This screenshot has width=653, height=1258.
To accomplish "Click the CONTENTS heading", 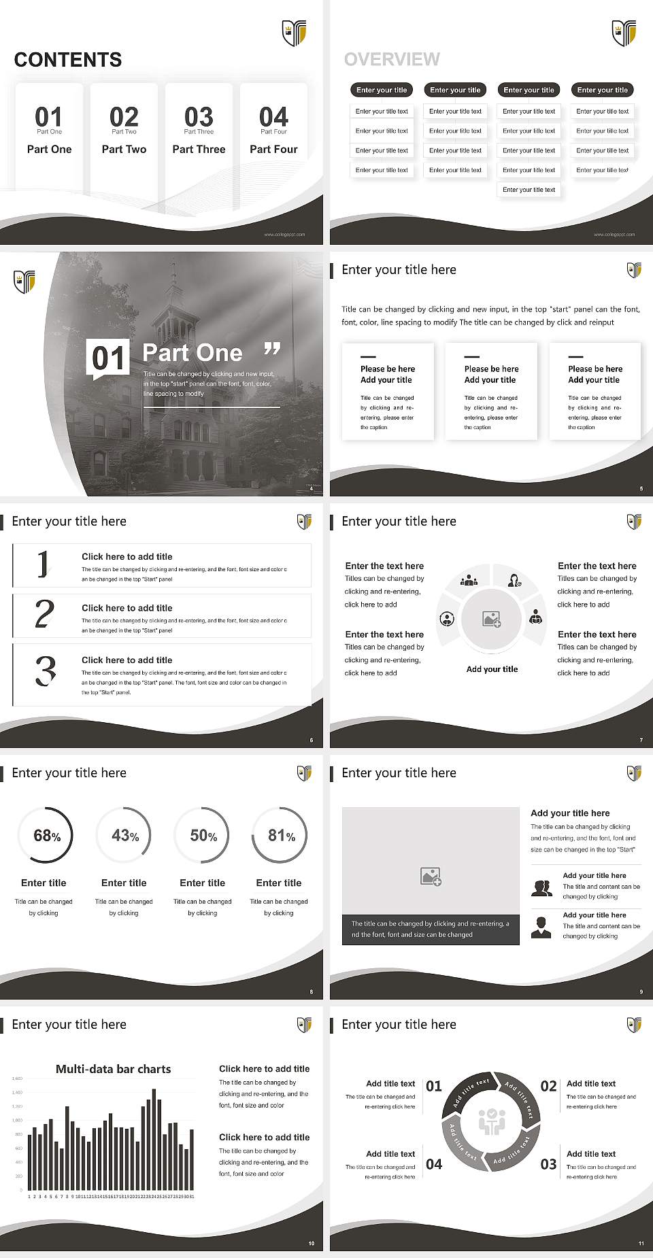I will click(x=68, y=60).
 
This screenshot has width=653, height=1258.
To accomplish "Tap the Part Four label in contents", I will click(x=273, y=149).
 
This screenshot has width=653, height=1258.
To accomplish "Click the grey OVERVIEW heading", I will click(x=392, y=60).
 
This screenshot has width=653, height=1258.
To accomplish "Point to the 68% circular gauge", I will click(x=46, y=835).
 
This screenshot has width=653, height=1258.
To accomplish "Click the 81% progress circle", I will click(x=280, y=835).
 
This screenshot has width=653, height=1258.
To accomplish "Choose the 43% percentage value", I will click(x=124, y=835).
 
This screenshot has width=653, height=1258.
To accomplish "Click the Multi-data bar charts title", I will click(x=114, y=1069).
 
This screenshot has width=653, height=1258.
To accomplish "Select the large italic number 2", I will click(x=44, y=614).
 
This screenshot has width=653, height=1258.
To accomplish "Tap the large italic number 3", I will click(x=46, y=670).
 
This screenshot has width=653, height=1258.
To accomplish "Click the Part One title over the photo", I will click(x=192, y=352).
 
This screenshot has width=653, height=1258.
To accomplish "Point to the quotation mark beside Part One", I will click(x=272, y=349).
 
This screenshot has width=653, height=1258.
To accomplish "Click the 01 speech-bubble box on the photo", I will click(x=108, y=358).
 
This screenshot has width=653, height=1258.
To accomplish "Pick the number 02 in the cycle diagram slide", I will click(x=548, y=1086).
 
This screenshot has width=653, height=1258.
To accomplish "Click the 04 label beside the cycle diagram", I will click(x=434, y=1164).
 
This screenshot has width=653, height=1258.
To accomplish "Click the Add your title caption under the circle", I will click(x=492, y=669).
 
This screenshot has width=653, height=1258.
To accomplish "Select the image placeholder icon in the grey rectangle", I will click(x=431, y=876).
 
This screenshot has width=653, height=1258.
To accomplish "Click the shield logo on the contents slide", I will click(x=294, y=32).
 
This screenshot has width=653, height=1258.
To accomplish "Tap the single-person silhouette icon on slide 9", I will click(x=541, y=927).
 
